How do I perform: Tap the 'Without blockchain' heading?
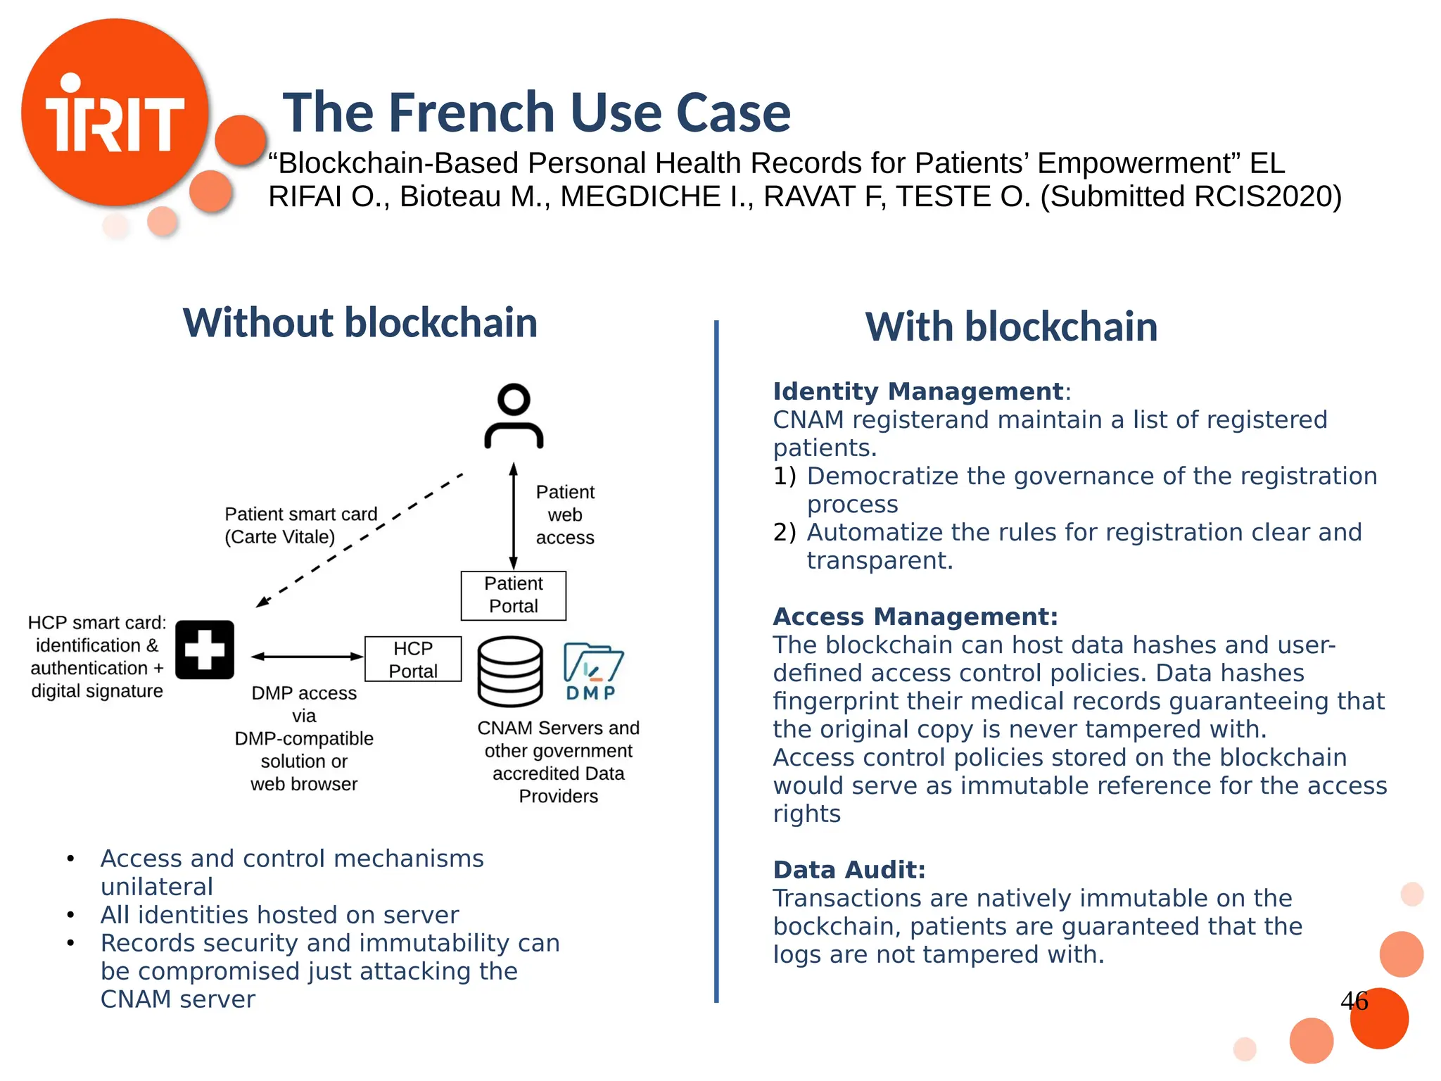360,323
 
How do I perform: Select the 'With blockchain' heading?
1011,327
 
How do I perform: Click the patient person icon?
514,416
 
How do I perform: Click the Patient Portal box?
514,595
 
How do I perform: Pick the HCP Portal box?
413,659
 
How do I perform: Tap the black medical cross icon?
205,650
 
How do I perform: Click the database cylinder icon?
510,671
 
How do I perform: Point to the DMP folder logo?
592,671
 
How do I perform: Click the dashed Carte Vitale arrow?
359,540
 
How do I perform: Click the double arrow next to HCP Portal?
307,657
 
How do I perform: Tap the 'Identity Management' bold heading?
918,391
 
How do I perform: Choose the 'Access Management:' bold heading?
915,617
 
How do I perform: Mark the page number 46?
1354,1001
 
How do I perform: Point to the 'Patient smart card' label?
301,514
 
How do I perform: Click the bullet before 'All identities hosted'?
70,915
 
